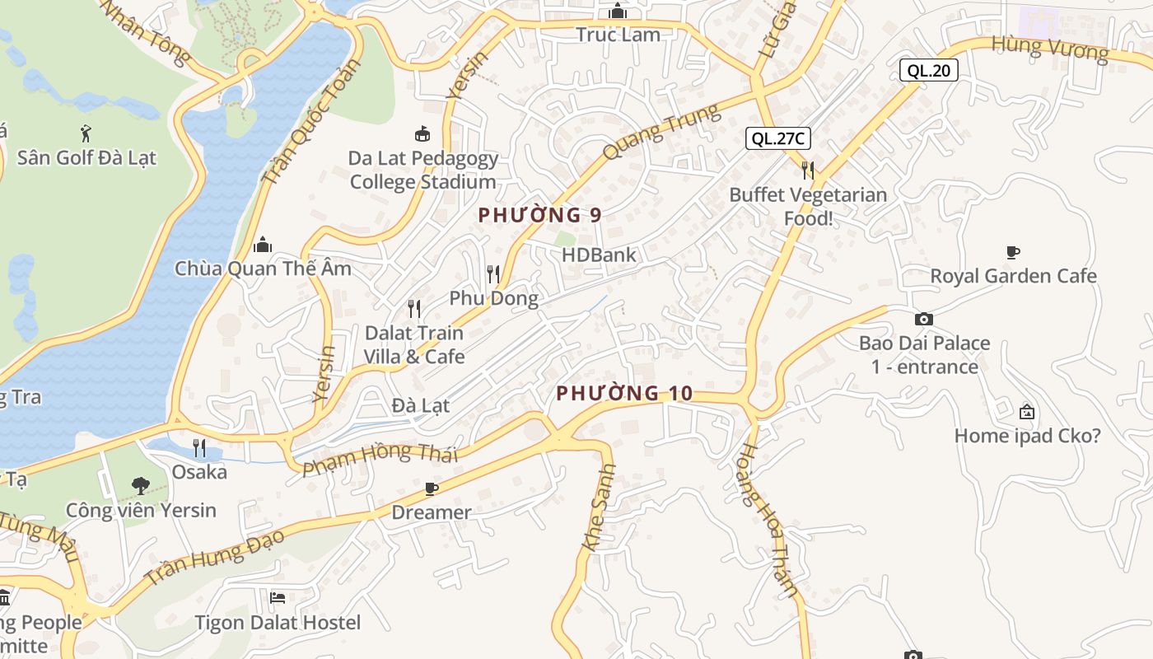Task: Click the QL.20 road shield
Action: tap(928, 70)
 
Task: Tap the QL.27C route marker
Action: tap(778, 138)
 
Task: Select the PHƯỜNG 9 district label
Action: tap(539, 215)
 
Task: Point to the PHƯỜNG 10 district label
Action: tap(624, 394)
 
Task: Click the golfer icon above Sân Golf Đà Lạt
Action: tap(86, 133)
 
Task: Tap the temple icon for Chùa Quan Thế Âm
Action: tap(263, 245)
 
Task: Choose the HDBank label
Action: tap(599, 255)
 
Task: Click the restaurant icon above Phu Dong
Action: tap(493, 273)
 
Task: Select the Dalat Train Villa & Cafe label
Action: tap(414, 345)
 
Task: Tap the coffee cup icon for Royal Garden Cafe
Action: tap(1013, 252)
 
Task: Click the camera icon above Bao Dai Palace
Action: tap(924, 319)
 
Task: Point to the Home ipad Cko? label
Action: tap(1027, 436)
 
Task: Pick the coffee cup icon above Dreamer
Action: tap(431, 489)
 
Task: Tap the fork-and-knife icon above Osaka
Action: tap(199, 448)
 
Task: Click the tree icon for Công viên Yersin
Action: tap(141, 486)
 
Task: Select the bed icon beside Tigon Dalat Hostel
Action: tap(278, 598)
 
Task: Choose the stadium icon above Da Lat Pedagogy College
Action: tap(422, 133)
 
